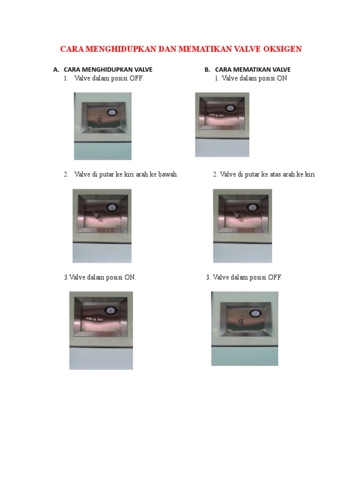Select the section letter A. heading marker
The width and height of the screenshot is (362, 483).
(56, 70)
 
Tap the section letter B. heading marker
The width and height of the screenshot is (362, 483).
(207, 70)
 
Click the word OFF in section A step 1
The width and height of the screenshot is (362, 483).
(136, 78)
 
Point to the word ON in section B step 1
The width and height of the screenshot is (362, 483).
(282, 78)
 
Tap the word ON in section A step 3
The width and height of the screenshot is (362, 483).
(130, 277)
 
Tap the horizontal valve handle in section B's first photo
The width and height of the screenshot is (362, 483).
(217, 115)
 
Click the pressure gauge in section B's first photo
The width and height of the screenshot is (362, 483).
(230, 108)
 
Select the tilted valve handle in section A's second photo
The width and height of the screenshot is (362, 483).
(98, 216)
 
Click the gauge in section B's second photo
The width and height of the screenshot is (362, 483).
(252, 208)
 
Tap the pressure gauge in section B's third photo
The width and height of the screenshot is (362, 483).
(255, 314)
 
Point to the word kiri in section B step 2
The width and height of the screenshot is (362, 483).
(310, 175)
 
